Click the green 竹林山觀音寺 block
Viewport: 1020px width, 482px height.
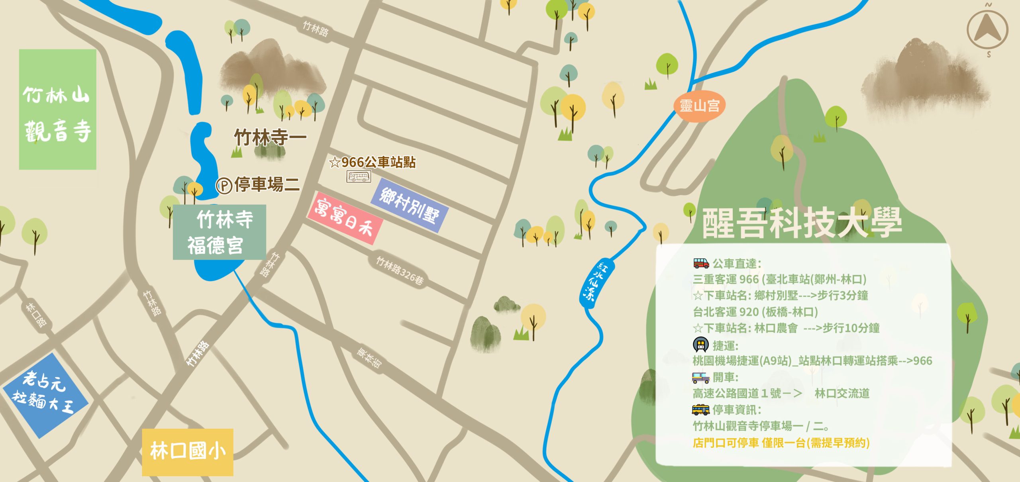pos(57,110)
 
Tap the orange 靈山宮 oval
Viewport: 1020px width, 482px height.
pos(699,106)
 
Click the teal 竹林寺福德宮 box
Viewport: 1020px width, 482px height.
pos(220,232)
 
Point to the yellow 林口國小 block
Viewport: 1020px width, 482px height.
pos(188,452)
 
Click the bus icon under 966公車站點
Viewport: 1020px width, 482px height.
pos(359,176)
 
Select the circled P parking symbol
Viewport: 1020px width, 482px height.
pos(224,186)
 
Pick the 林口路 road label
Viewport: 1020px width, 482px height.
pos(36,314)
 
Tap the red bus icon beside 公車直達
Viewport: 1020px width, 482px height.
pos(701,263)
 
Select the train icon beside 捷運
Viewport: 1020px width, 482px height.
pos(700,345)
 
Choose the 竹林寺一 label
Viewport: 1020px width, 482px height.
pos(270,137)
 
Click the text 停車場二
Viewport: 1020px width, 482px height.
pos(267,184)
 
